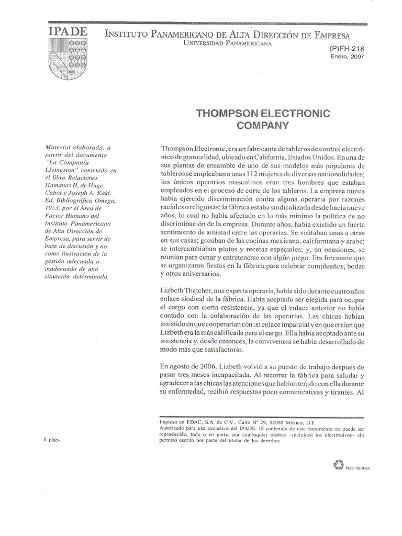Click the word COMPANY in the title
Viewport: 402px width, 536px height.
click(x=263, y=125)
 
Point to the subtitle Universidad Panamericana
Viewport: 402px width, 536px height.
click(x=227, y=43)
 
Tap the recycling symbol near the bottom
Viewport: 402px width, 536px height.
click(x=338, y=464)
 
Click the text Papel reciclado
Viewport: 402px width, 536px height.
click(x=358, y=468)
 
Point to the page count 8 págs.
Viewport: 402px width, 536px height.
click(x=53, y=440)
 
